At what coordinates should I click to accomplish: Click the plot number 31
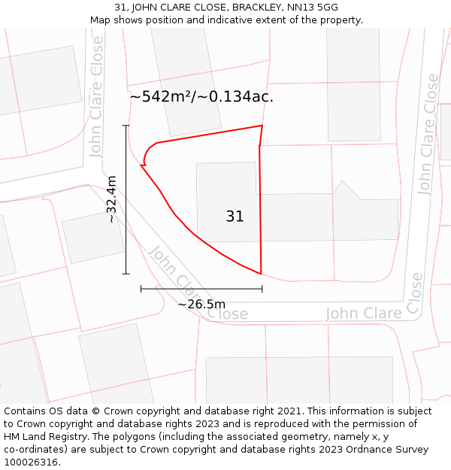coord(235,217)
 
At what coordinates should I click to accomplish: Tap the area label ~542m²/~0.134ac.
coord(201,97)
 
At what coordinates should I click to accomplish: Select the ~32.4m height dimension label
coord(112,199)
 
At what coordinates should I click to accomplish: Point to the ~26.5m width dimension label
coord(201,304)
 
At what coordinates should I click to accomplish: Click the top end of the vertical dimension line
coord(126,126)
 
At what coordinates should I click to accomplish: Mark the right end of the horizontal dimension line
coord(262,288)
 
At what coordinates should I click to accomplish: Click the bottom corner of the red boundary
coord(261,274)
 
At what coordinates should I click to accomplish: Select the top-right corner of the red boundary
coord(262,126)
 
